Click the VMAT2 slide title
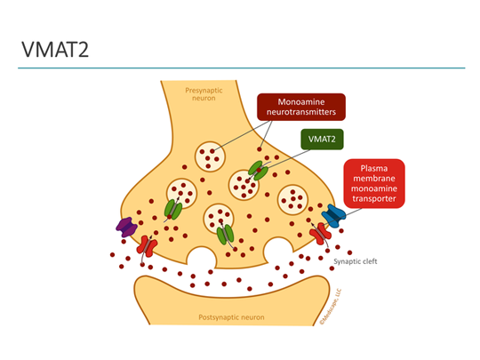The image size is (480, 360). pos(55,50)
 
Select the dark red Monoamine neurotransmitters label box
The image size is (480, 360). pos(301,107)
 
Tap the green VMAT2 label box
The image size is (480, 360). pos(322,140)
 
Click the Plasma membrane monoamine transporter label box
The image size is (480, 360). pos(374,184)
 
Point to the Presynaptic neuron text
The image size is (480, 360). pos(204,94)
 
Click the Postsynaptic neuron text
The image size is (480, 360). pos(231,317)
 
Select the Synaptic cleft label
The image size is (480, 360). pos(355,261)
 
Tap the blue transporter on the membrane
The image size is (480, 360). pos(333,216)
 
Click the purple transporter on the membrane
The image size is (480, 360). pos(127,228)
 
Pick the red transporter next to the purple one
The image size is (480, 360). pos(147,246)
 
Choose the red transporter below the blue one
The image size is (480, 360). pos(320,234)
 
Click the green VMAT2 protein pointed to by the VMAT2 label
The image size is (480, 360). pos(258,171)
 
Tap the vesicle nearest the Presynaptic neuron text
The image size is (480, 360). pos(210,156)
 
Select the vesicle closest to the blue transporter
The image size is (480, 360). pos(292,200)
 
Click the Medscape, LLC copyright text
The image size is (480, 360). pos(331,307)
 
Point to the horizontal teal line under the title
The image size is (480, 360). pos(242,68)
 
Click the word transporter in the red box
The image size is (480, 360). pos(374,199)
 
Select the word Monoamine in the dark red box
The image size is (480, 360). pos(301,102)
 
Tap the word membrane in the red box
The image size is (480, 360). pos(374,179)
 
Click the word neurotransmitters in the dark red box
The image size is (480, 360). pos(301,112)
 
